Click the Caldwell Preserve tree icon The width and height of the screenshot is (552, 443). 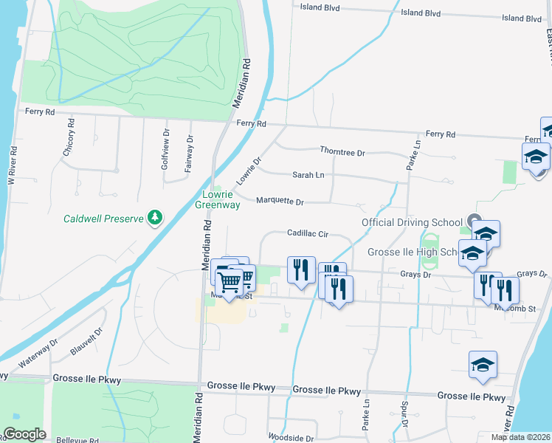(155, 217)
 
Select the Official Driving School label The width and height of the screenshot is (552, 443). (411, 222)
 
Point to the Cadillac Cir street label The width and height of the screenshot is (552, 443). (307, 233)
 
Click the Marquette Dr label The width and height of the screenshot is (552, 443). (280, 201)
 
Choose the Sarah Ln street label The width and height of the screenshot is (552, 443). (308, 176)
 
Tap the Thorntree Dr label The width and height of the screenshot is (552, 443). (342, 151)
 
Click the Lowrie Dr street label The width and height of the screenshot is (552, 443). (249, 171)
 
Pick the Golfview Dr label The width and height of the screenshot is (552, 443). (165, 152)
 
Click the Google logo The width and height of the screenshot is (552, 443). (25, 434)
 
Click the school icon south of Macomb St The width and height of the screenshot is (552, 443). (483, 365)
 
